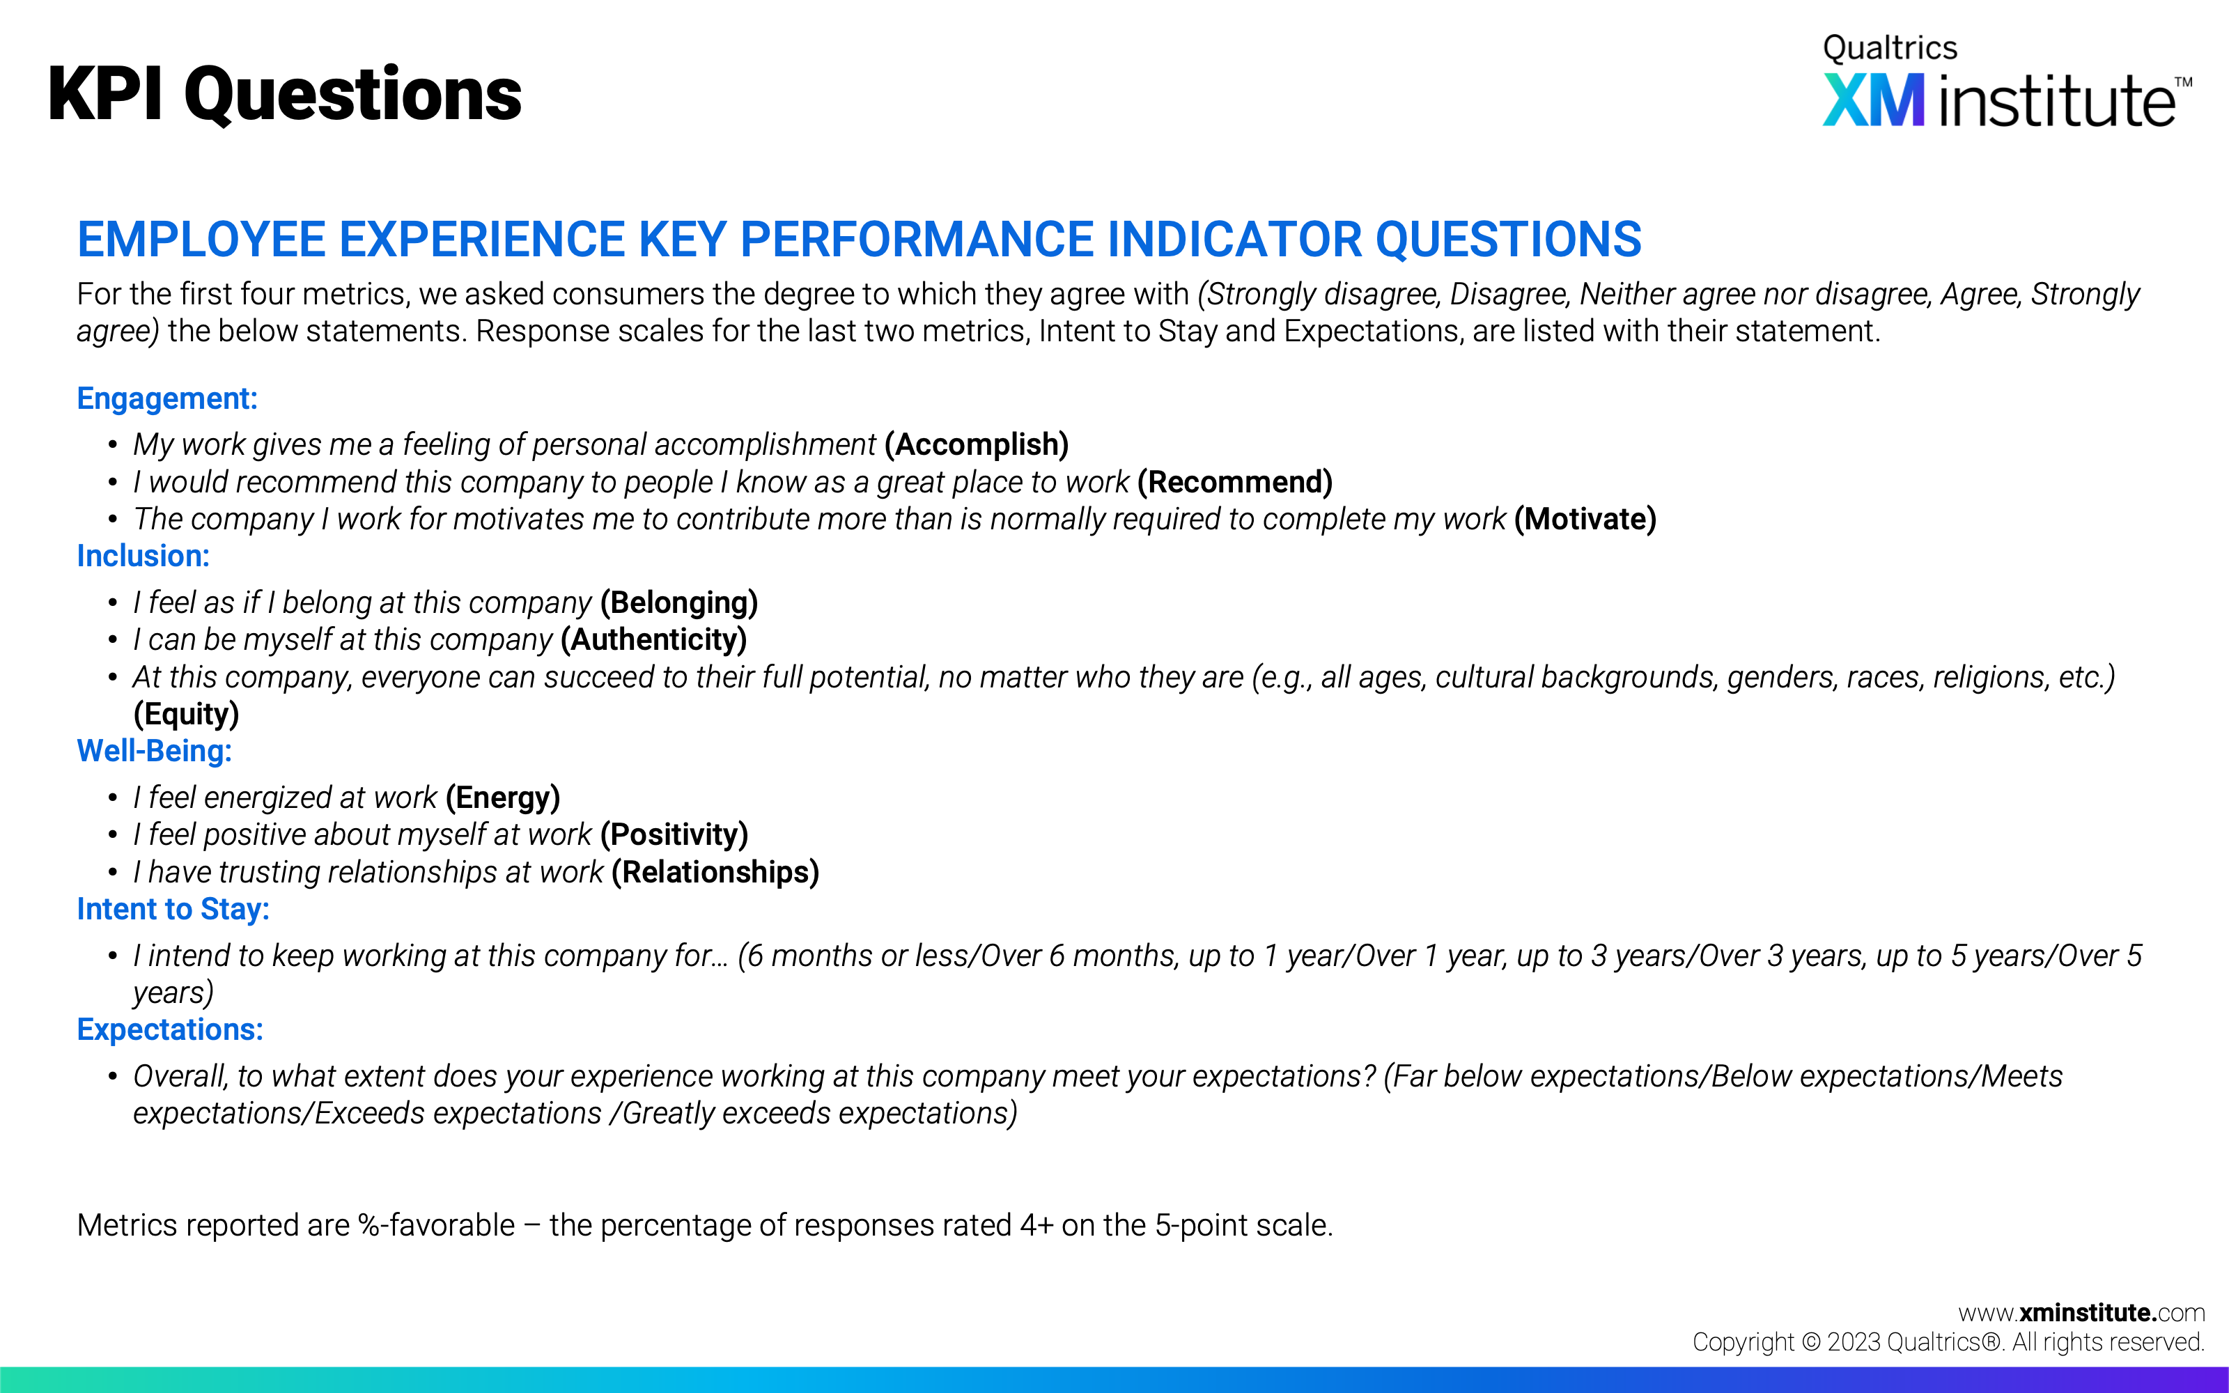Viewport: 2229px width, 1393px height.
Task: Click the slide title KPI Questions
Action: click(x=285, y=95)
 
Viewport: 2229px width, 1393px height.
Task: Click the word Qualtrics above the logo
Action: click(x=1890, y=48)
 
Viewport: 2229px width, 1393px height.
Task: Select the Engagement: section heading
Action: click(x=166, y=399)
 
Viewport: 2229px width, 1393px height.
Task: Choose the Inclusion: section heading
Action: click(x=143, y=557)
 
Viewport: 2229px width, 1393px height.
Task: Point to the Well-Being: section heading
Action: click(x=154, y=751)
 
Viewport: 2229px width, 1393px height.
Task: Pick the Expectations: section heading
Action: click(x=169, y=1029)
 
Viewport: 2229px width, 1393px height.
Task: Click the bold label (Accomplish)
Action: click(x=977, y=445)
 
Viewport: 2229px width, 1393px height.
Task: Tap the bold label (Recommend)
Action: click(x=1235, y=482)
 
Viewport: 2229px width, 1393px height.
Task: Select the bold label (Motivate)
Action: click(x=1585, y=520)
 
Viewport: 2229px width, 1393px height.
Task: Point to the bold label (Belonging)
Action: click(x=679, y=602)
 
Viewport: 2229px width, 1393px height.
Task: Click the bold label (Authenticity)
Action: click(x=654, y=639)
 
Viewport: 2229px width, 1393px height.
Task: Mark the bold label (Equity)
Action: click(x=186, y=714)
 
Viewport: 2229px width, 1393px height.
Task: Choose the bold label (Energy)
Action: click(x=503, y=798)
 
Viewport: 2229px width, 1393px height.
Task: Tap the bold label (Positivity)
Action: click(x=674, y=834)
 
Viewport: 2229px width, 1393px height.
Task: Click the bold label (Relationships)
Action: click(x=715, y=873)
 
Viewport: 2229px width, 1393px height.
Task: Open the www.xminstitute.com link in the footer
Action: click(x=2081, y=1313)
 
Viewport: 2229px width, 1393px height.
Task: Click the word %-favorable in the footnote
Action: click(x=437, y=1225)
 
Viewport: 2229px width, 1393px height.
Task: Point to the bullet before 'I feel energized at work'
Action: click(x=112, y=798)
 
